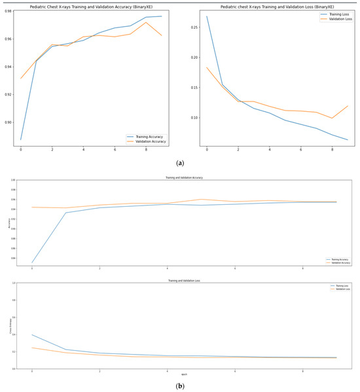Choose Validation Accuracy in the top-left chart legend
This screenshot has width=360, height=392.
click(149, 141)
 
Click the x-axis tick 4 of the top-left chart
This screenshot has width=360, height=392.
click(83, 150)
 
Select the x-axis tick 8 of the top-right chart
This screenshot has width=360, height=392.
click(332, 150)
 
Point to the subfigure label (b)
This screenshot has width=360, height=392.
click(180, 385)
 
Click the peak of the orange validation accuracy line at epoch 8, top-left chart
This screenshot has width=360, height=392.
click(145, 22)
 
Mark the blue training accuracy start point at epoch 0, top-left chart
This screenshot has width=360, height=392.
click(21, 139)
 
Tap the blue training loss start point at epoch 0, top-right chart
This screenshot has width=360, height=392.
click(207, 16)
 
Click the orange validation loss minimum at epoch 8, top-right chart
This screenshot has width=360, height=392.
click(332, 118)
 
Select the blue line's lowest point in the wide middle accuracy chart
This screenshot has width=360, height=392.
click(32, 262)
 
